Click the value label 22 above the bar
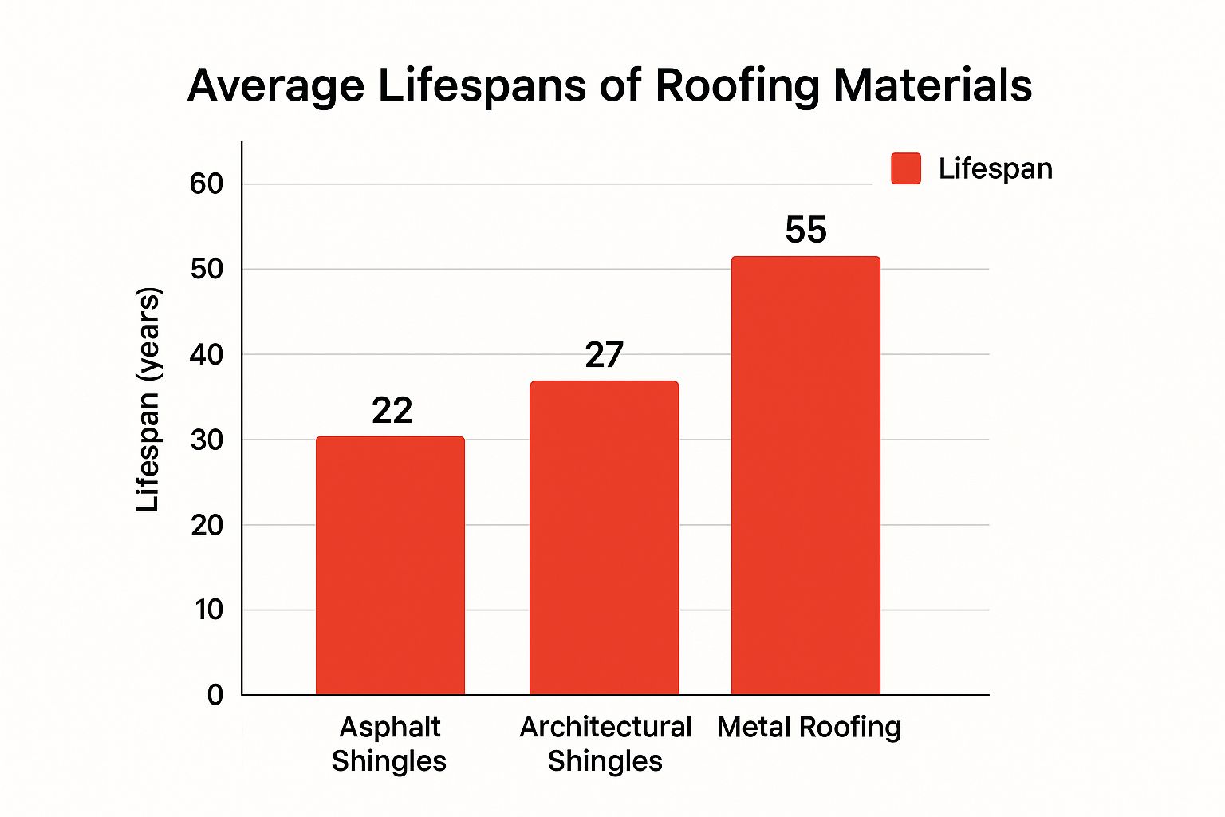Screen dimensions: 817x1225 (392, 411)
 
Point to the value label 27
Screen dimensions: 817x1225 (604, 355)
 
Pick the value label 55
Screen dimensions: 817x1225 (806, 230)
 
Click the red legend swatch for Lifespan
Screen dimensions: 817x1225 (905, 168)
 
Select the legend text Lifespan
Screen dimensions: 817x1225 (995, 168)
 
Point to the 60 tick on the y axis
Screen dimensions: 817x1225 (207, 184)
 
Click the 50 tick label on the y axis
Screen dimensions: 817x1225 (207, 269)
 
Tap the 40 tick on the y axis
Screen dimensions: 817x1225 (207, 354)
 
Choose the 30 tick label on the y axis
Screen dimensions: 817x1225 (207, 440)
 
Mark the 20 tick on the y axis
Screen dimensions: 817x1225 (207, 525)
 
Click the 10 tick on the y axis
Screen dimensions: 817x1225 (208, 610)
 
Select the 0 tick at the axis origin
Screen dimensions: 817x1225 (215, 695)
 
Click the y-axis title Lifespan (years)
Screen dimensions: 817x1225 (148, 399)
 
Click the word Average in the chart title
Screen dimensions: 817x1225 (276, 85)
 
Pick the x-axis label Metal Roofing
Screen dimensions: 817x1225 (809, 727)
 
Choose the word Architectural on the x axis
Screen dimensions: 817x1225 (605, 727)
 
